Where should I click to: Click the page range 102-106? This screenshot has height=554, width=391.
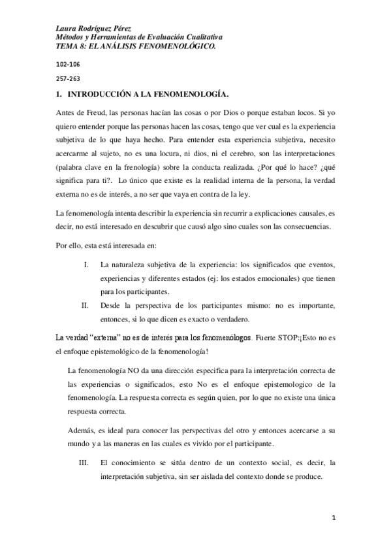coord(67,66)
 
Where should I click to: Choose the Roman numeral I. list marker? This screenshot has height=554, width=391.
coord(87,264)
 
